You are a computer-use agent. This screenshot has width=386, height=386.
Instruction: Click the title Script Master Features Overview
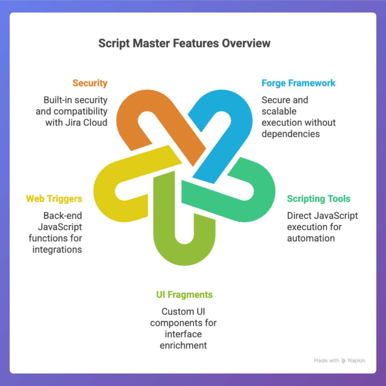[x=184, y=43]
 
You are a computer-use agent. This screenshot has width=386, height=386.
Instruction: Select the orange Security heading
[x=90, y=83]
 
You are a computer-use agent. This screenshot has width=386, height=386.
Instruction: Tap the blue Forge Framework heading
[x=298, y=83]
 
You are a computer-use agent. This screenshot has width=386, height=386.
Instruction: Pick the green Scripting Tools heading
[x=319, y=199]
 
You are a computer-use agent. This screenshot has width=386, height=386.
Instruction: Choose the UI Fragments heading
[x=184, y=295]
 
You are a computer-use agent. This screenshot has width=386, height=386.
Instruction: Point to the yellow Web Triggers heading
[x=54, y=199]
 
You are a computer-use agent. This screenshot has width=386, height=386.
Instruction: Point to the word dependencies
[x=291, y=134]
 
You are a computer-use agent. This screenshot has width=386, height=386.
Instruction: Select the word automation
[x=311, y=238]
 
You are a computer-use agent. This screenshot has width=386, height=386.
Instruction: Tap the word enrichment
[x=183, y=346]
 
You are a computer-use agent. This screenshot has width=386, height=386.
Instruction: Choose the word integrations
[x=57, y=249]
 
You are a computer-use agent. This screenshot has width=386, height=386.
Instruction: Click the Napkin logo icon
[x=344, y=361]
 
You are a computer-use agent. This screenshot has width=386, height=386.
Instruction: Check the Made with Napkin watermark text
[x=340, y=361]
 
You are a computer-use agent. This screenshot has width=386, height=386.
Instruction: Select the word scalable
[x=279, y=111]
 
